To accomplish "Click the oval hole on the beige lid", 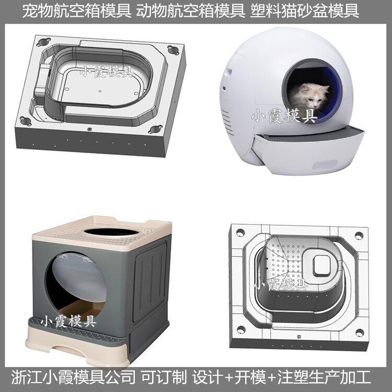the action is click(x=111, y=232).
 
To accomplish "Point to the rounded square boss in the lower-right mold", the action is click(x=322, y=266).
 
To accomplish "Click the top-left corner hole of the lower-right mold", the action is click(x=240, y=232).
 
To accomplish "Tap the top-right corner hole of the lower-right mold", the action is click(x=359, y=235).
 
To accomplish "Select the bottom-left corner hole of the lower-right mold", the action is click(x=241, y=330).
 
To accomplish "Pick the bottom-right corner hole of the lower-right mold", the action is click(x=360, y=332).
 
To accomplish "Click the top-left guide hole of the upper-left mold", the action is click(x=44, y=41).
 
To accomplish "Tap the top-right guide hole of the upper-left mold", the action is click(x=173, y=50).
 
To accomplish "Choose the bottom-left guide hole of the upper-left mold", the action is click(x=26, y=121).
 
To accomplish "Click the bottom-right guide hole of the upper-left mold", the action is click(x=155, y=129).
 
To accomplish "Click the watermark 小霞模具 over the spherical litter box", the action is click(x=284, y=116).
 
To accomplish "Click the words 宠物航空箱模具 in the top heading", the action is click(x=77, y=11).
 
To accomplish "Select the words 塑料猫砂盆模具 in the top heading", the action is click(x=305, y=11).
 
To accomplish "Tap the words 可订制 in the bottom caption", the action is click(x=164, y=377).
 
